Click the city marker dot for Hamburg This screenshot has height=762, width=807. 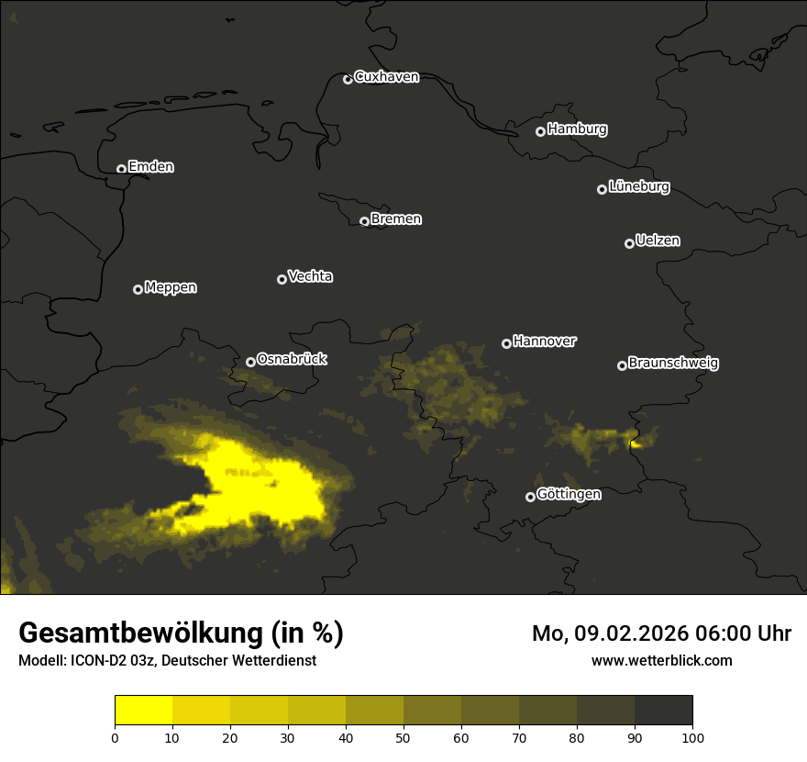tap(541, 131)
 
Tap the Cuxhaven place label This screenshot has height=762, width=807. tap(386, 77)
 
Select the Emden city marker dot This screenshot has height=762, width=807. tap(121, 169)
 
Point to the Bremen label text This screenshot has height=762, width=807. tap(396, 219)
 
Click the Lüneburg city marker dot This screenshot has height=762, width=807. tap(602, 189)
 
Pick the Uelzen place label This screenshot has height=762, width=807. tap(658, 241)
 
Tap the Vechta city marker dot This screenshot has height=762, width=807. tap(282, 279)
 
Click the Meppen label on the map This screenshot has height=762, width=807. tap(171, 287)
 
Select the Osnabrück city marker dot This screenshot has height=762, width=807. tap(250, 362)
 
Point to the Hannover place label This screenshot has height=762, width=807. tap(545, 342)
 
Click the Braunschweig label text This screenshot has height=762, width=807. tap(673, 364)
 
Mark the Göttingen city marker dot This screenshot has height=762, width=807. tap(530, 497)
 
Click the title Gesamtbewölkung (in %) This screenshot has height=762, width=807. tap(181, 633)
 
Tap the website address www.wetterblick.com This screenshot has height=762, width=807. tap(661, 660)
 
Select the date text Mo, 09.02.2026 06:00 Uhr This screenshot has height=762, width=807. tap(661, 633)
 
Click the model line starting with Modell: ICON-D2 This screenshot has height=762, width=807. tap(167, 661)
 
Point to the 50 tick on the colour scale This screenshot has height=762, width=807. tap(403, 737)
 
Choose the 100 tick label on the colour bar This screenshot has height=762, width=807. tap(692, 737)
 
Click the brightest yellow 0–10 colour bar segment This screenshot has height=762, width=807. tap(143, 711)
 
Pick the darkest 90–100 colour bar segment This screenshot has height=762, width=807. tap(663, 711)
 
